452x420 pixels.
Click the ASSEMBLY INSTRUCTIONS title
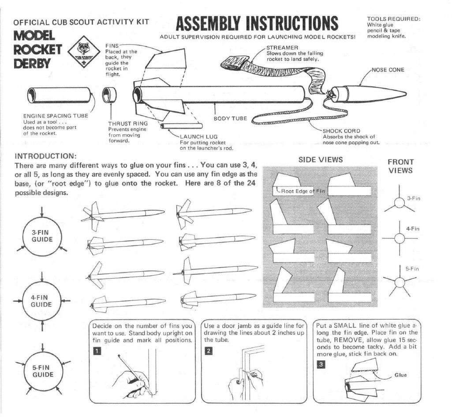point(257,23)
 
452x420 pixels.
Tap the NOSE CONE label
point(388,70)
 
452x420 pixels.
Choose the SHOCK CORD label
point(341,131)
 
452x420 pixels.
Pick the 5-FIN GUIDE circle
point(42,371)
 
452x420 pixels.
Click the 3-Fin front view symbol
point(400,202)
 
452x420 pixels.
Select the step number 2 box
point(209,351)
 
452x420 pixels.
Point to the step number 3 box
point(321,364)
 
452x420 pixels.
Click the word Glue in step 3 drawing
point(400,375)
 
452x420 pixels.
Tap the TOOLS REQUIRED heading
point(394,19)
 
